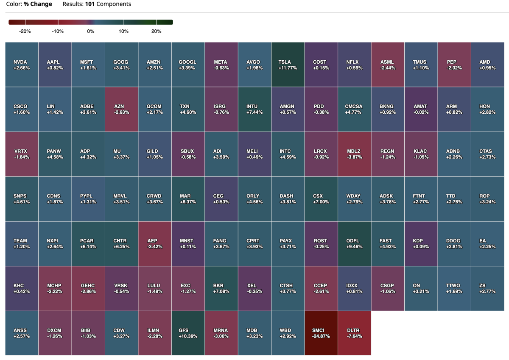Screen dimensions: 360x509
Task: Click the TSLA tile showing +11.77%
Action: [288, 65]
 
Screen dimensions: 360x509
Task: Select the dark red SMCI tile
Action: [321, 333]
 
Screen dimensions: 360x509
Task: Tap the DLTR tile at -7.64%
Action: [354, 333]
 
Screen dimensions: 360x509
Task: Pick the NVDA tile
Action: [22, 65]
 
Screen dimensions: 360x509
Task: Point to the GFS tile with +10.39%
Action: [188, 333]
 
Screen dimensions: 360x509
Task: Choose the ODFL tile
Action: [354, 243]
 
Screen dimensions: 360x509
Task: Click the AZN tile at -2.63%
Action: [121, 109]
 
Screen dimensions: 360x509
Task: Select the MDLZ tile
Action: [354, 154]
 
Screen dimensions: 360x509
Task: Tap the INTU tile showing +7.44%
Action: [255, 109]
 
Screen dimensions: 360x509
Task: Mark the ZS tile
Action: [487, 288]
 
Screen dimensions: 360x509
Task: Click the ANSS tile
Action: [22, 333]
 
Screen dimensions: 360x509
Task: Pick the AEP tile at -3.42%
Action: [155, 243]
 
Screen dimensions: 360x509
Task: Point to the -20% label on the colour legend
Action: [25, 31]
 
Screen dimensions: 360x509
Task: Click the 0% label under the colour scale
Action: [90, 31]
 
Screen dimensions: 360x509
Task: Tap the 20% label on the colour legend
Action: [156, 31]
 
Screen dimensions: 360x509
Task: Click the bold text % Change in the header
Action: [38, 4]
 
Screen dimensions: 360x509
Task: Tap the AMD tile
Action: [487, 65]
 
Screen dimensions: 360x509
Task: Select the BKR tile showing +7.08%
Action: [221, 288]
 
